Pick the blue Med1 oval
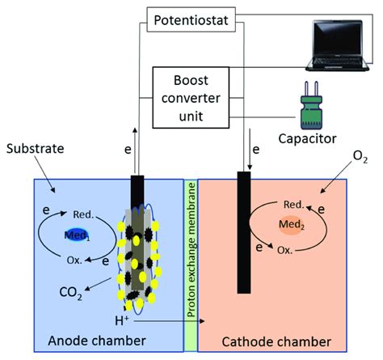tap(78, 235)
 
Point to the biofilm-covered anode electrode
tap(138, 243)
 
